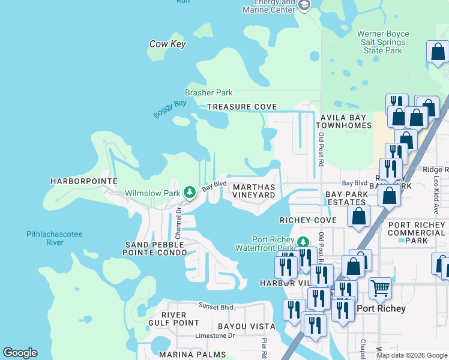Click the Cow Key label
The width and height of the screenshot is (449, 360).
tap(167, 44)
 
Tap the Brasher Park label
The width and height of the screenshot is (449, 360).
tap(208, 93)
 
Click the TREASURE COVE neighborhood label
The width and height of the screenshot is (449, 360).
tap(242, 107)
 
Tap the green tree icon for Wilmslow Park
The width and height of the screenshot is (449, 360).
tap(190, 192)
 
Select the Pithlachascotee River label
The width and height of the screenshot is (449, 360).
tap(55, 238)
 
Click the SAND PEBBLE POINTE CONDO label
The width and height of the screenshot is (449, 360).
tap(152, 249)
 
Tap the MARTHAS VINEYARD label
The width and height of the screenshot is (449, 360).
tap(253, 191)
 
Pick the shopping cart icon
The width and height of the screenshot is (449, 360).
tap(380, 289)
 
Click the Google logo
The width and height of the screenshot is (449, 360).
tap(20, 353)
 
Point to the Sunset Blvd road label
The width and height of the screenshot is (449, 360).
tap(216, 307)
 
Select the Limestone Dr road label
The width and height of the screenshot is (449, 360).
tap(214, 335)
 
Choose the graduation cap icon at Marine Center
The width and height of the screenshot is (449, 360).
tap(304, 5)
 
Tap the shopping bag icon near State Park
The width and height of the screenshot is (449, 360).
tap(438, 53)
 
